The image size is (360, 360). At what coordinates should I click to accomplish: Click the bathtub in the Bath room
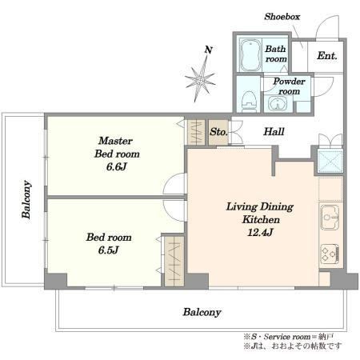(250, 55)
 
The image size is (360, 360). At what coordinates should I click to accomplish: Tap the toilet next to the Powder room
(250, 102)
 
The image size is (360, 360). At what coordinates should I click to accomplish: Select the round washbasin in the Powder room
(278, 102)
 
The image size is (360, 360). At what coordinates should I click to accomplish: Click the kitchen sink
(330, 218)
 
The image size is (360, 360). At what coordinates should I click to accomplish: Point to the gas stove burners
(330, 254)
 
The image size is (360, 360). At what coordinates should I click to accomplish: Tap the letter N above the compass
(209, 50)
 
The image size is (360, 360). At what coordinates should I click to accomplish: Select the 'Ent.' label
(327, 56)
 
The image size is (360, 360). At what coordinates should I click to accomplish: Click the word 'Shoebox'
(282, 17)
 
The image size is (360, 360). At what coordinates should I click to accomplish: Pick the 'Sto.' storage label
(218, 132)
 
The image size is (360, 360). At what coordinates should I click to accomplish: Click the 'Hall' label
(274, 131)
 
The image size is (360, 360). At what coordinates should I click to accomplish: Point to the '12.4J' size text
(260, 233)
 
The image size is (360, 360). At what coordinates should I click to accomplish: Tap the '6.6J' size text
(116, 167)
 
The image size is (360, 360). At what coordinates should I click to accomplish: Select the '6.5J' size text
(108, 250)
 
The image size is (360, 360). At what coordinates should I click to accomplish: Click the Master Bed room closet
(196, 132)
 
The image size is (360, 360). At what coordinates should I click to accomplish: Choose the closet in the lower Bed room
(174, 262)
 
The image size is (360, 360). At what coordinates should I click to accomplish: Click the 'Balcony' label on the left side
(26, 199)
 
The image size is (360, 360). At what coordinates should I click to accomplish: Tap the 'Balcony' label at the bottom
(202, 312)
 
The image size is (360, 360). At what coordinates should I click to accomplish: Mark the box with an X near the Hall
(330, 162)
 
